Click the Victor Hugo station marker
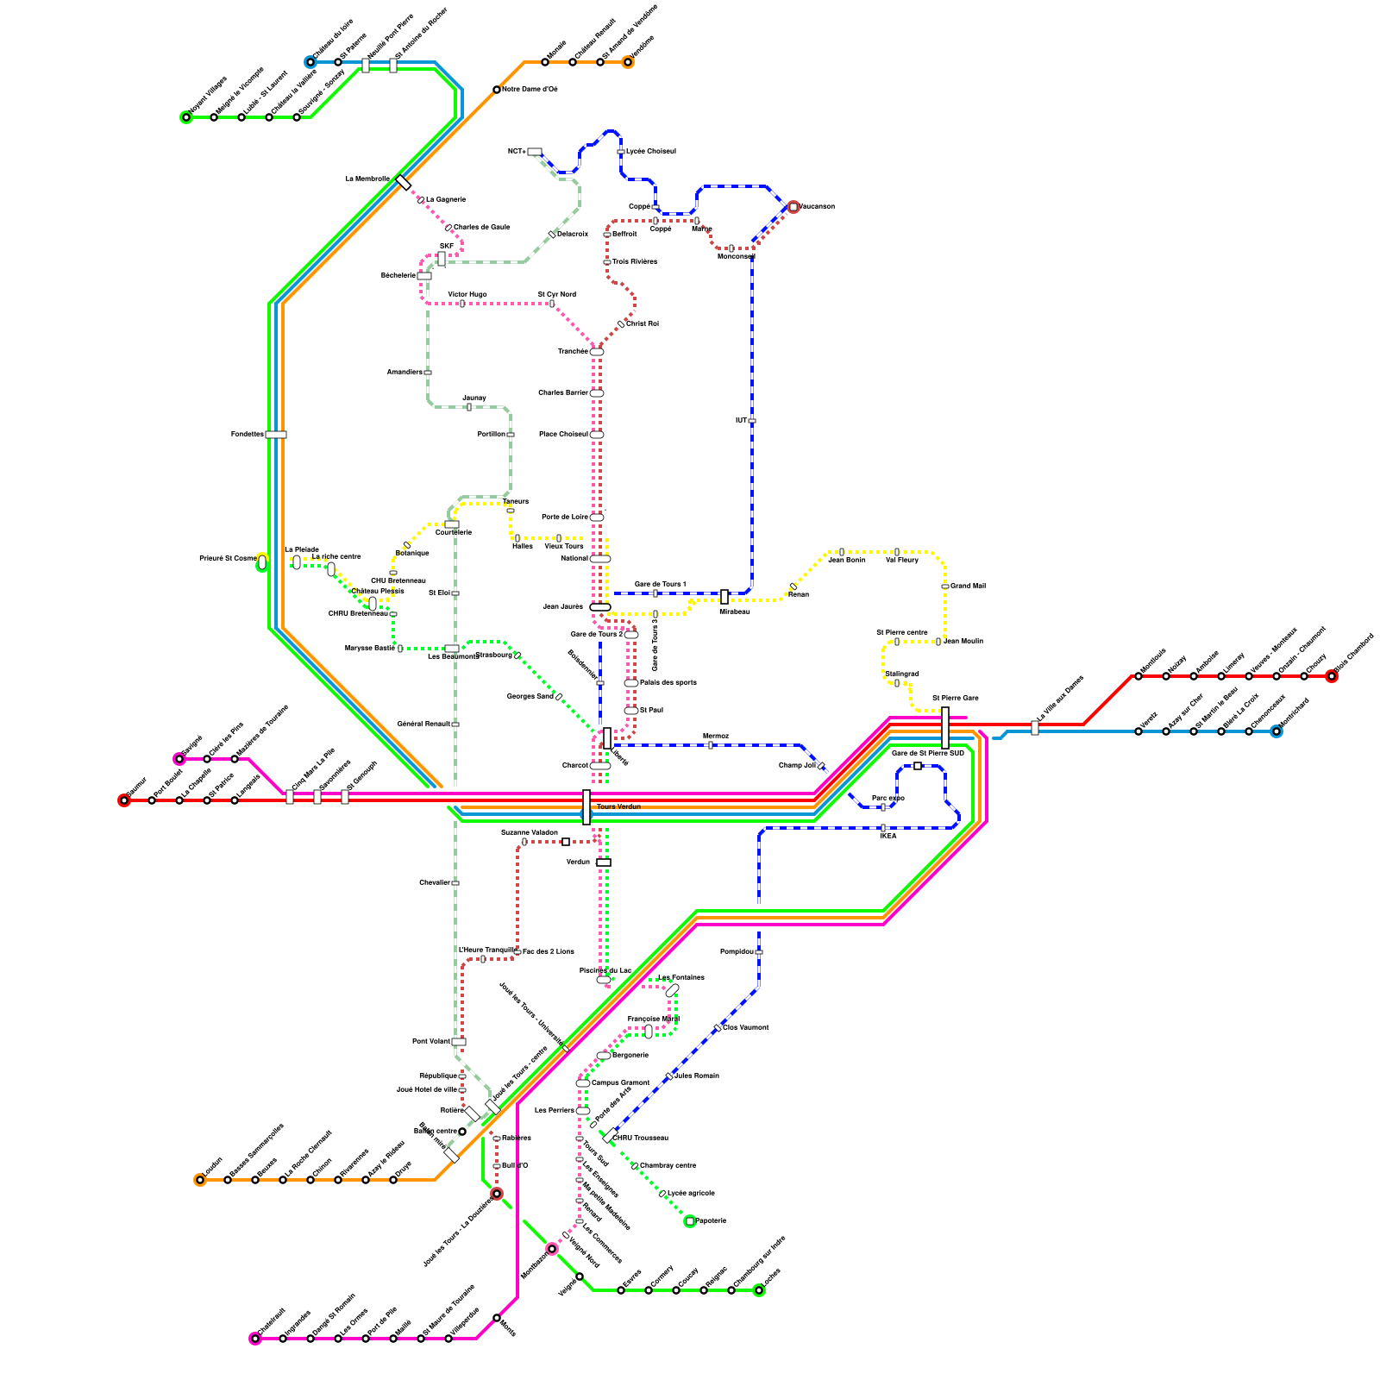click(462, 304)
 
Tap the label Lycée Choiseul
click(650, 152)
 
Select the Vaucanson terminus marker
click(793, 207)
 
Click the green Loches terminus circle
click(759, 1290)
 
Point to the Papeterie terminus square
click(690, 1221)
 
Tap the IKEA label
click(888, 836)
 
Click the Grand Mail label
click(968, 586)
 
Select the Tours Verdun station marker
click(586, 807)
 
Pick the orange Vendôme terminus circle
click(628, 62)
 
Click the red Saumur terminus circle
click(124, 800)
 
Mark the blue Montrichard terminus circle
click(1276, 731)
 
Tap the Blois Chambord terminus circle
click(1332, 676)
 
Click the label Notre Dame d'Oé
click(530, 90)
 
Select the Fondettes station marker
click(276, 435)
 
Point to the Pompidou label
click(737, 952)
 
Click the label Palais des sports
click(668, 683)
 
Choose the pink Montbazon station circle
click(552, 1249)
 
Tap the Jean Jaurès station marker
click(600, 607)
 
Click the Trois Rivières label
click(635, 262)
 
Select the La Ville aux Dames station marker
click(1035, 728)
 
